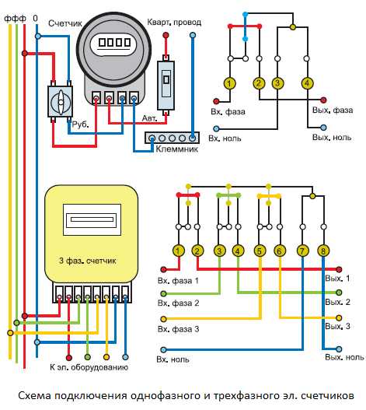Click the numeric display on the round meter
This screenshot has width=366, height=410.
point(114,43)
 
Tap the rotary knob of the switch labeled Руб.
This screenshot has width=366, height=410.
point(60,102)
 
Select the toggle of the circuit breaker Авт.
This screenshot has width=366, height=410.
point(166,79)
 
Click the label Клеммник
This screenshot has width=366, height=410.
point(177,149)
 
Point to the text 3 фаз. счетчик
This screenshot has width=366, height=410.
point(88,261)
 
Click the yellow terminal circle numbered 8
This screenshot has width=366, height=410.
point(323,251)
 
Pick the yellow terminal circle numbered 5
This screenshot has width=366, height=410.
point(260,251)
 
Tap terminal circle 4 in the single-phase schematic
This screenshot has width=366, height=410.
point(307,83)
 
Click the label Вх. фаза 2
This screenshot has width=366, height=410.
point(179,303)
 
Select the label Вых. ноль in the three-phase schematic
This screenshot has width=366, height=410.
point(344,357)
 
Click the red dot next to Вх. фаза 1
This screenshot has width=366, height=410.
point(163,270)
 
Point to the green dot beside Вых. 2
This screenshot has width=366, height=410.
point(339,293)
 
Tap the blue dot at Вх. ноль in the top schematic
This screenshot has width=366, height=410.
point(216,128)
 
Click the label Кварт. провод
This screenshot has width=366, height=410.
point(174,23)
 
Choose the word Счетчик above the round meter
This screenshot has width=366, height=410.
point(65,23)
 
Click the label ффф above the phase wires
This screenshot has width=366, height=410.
point(15,19)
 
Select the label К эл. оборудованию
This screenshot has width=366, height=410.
point(89,367)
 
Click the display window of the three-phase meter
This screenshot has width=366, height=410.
point(92,219)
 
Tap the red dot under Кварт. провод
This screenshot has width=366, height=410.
point(166,35)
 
